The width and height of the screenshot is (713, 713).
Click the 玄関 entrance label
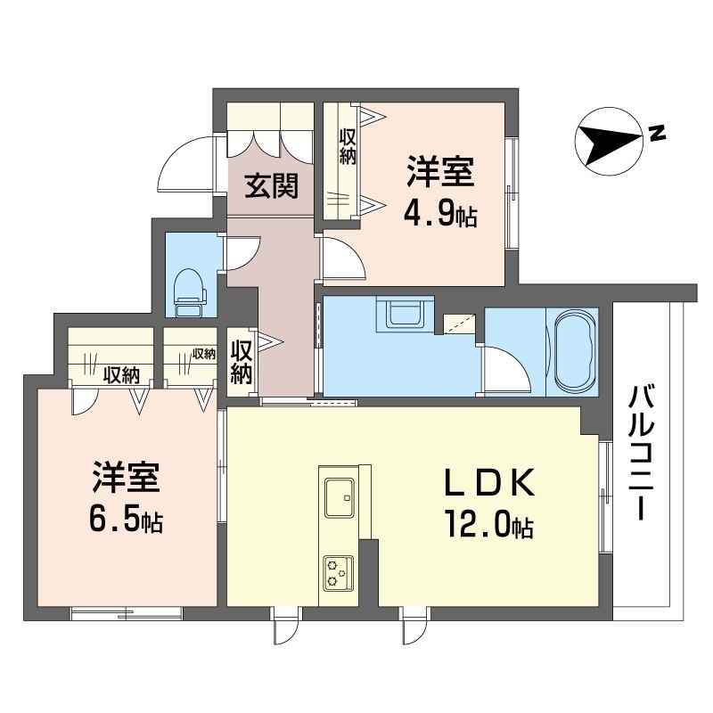pyautogui.click(x=272, y=186)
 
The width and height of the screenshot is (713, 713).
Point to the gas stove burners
pyautogui.click(x=339, y=573)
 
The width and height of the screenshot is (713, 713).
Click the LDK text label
pyautogui.click(x=488, y=484)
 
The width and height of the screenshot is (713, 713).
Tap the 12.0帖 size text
pyautogui.click(x=489, y=525)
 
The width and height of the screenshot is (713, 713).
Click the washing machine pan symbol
pyautogui.click(x=405, y=314)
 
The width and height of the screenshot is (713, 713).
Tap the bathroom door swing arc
pyautogui.click(x=506, y=369)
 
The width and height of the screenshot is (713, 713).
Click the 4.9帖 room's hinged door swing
pyautogui.click(x=344, y=258)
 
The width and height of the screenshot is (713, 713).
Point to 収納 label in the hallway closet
pyautogui.click(x=242, y=362)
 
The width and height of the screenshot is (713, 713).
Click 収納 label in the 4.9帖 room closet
pyautogui.click(x=347, y=145)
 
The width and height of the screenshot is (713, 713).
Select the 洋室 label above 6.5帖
pyautogui.click(x=126, y=477)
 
